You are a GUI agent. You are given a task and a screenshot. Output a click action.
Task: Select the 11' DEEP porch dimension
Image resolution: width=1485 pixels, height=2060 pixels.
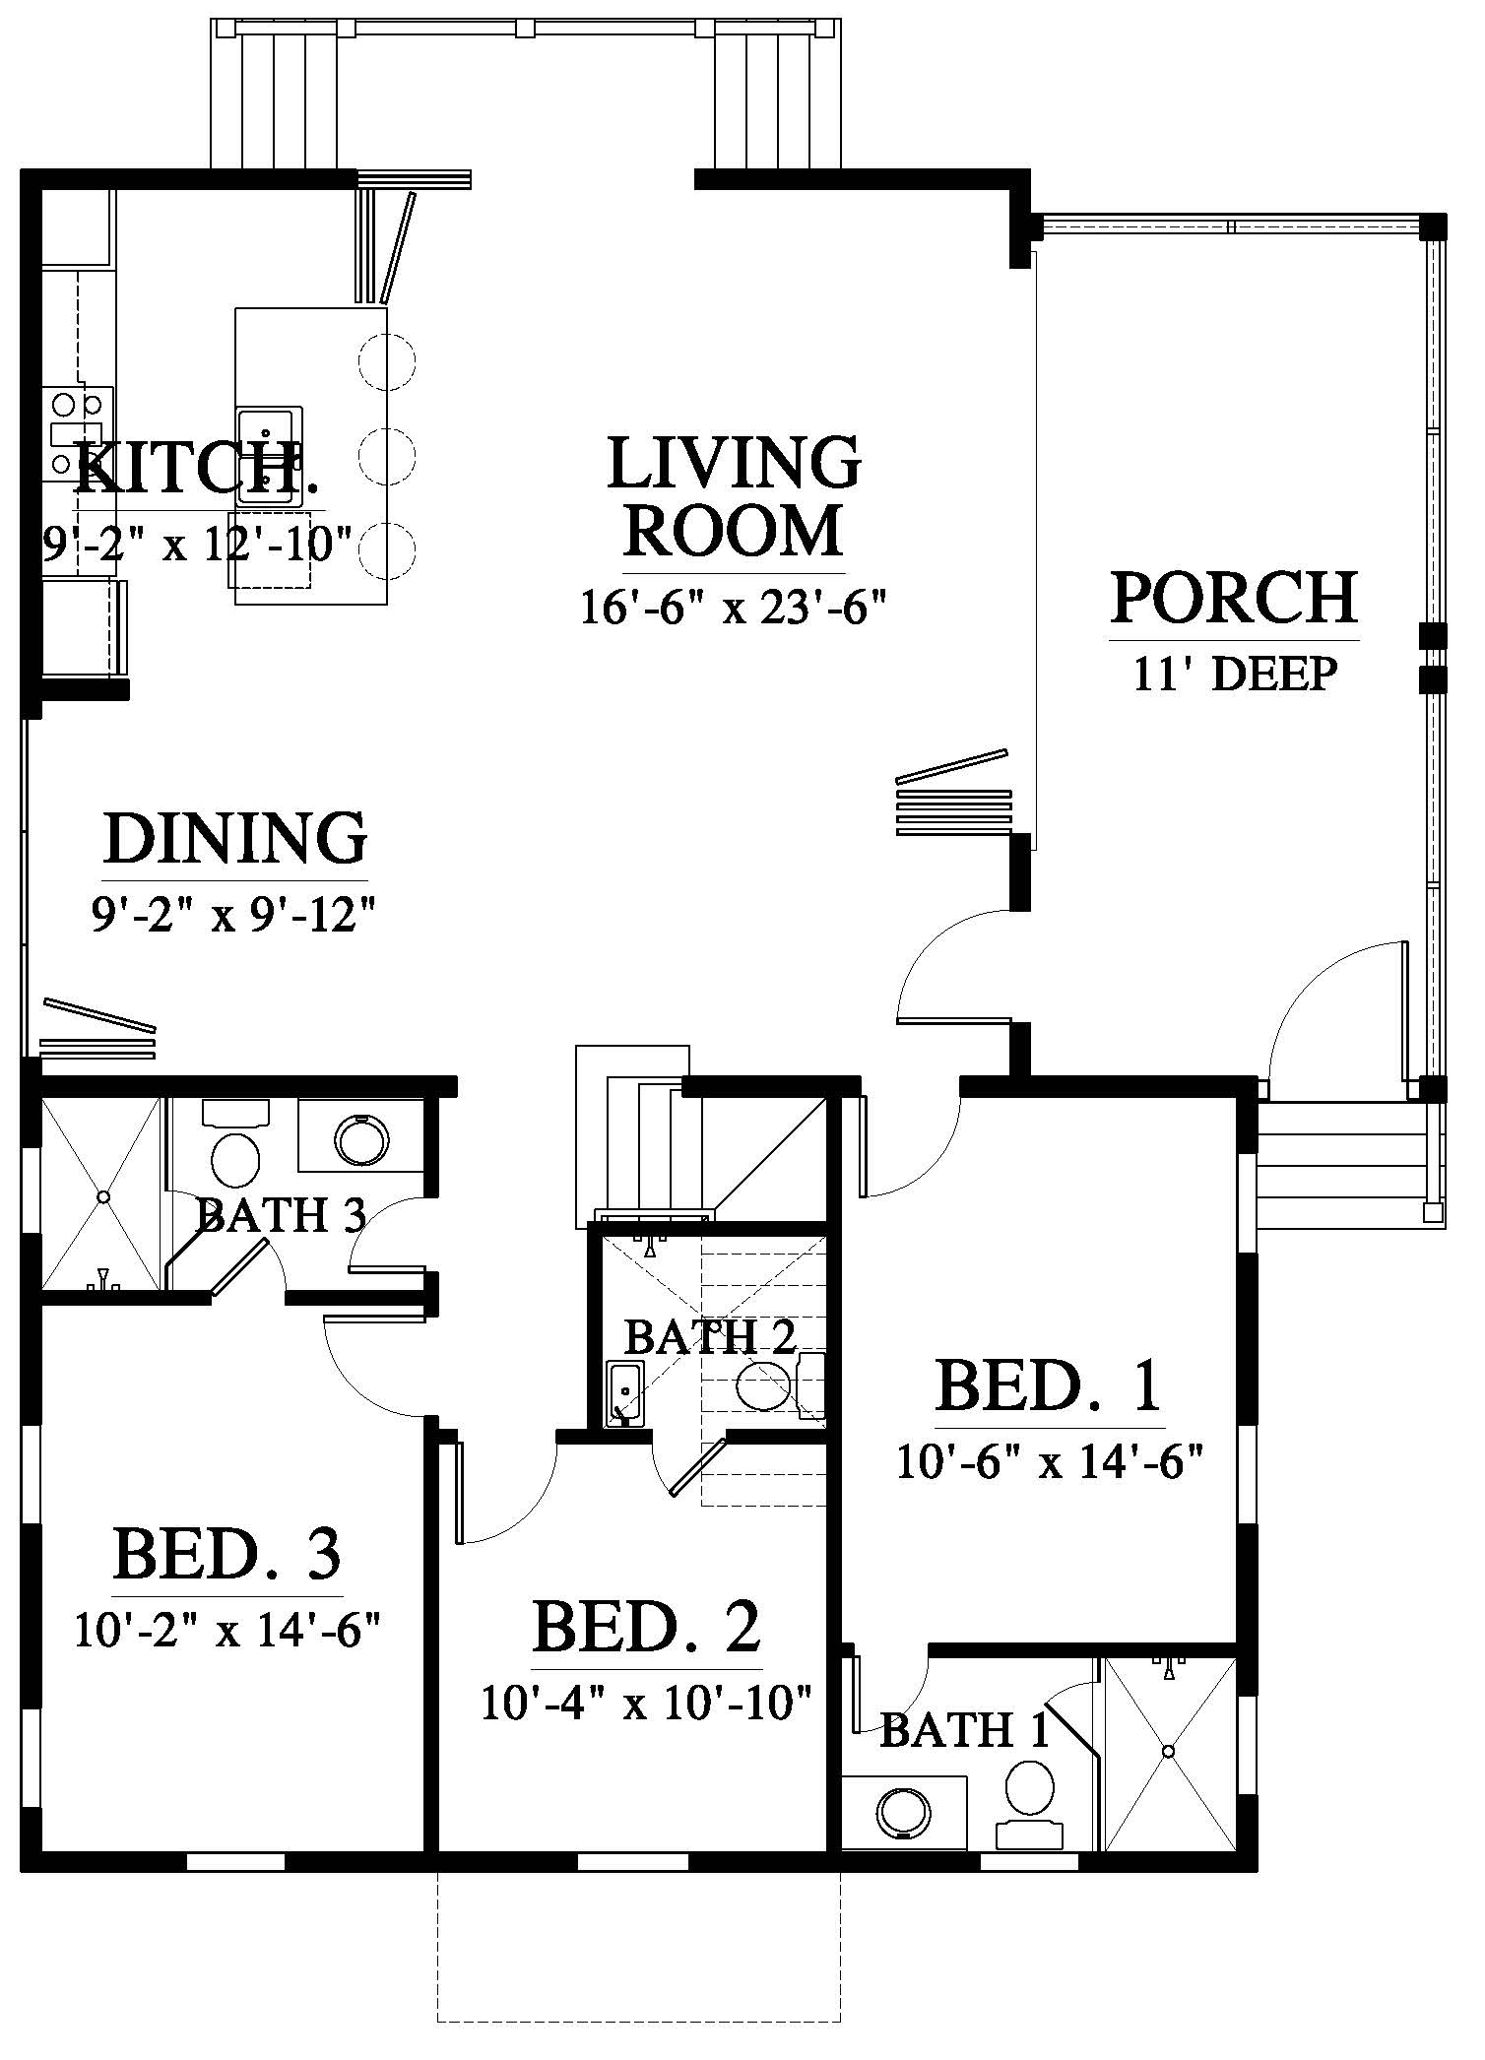[x=1235, y=676]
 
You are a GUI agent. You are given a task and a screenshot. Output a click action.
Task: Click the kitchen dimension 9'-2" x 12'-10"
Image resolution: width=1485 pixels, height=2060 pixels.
[x=197, y=543]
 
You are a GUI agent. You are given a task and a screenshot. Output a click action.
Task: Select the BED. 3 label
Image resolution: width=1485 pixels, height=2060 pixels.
[x=227, y=1555]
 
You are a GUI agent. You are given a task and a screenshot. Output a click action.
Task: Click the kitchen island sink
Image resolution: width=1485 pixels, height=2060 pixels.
[x=268, y=456]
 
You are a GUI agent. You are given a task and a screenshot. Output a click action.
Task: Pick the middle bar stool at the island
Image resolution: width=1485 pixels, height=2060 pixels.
[x=387, y=454]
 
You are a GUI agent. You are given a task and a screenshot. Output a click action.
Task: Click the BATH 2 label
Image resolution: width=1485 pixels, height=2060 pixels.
[x=710, y=1337]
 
